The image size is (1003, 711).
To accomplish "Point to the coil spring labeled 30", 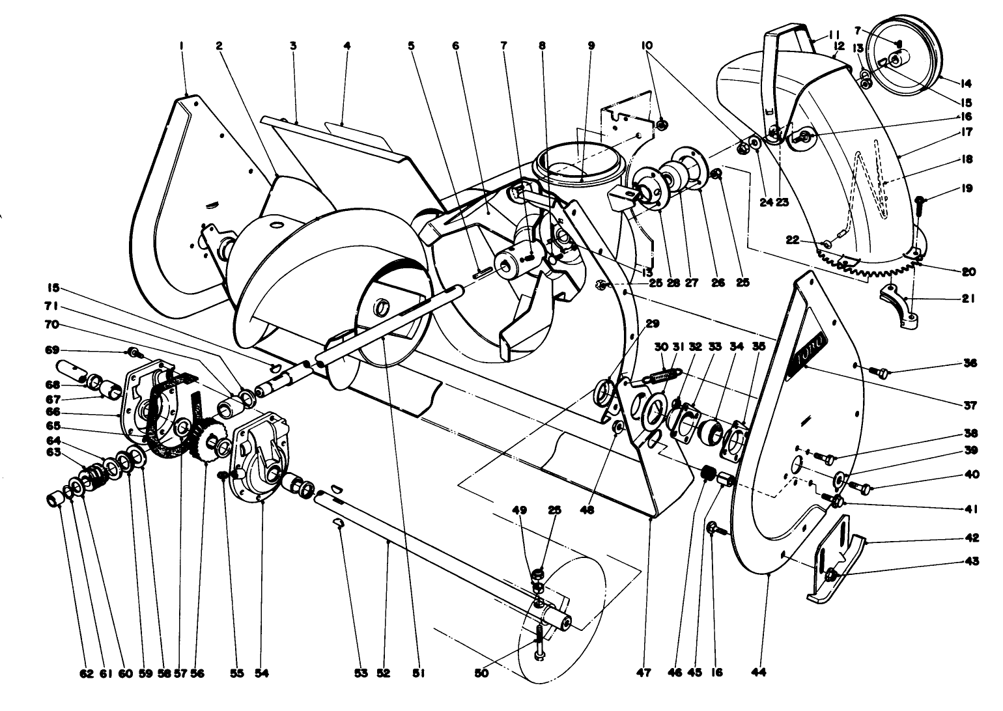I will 662,375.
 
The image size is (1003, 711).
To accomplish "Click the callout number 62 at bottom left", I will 87,673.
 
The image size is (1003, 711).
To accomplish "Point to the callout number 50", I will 482,673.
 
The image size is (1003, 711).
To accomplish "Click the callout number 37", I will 970,406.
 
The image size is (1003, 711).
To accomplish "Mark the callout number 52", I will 383,673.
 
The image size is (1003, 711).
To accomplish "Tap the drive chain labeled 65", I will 163,417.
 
